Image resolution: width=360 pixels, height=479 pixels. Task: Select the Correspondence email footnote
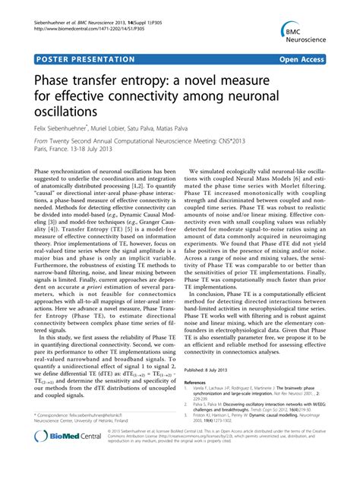coord(90,415)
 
